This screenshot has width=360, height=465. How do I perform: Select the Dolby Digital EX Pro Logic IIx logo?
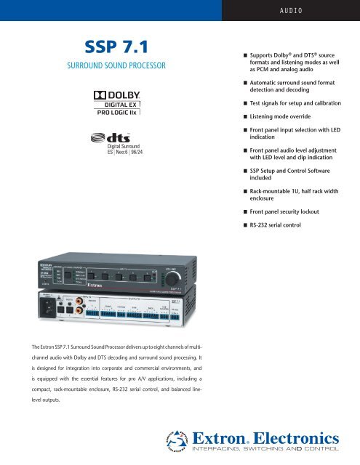[x=117, y=102]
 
